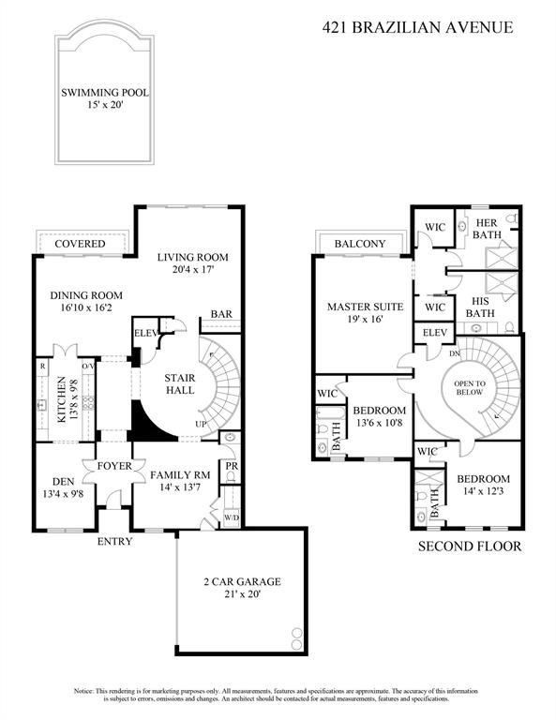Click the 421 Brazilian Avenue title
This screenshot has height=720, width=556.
(417, 27)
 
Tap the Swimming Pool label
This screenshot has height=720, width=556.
(105, 93)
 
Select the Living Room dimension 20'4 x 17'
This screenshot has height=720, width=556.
(194, 270)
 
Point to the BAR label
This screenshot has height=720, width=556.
(221, 314)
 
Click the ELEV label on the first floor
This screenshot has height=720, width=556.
(146, 334)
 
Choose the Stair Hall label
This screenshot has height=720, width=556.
(180, 383)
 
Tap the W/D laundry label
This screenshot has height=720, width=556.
(232, 517)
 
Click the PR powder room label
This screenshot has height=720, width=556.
(232, 466)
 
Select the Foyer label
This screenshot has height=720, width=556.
(114, 466)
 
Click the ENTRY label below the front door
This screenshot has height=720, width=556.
(114, 542)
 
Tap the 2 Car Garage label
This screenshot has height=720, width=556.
(243, 582)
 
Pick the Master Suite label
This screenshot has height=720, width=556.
(366, 307)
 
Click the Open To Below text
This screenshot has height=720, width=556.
(470, 388)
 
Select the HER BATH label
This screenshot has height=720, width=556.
(487, 229)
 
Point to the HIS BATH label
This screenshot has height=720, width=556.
(480, 307)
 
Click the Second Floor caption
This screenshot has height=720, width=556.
(470, 547)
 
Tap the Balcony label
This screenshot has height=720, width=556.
(360, 244)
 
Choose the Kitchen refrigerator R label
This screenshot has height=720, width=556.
(43, 366)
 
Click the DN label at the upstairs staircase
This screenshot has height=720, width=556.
(455, 353)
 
